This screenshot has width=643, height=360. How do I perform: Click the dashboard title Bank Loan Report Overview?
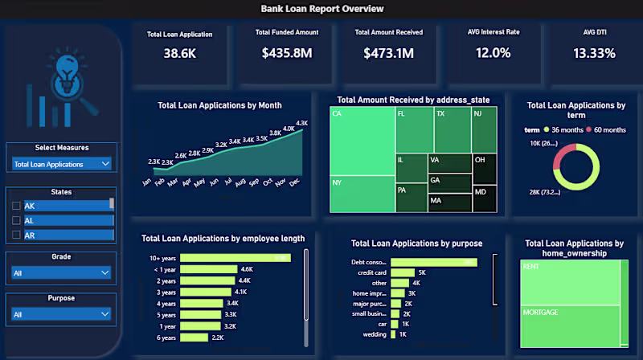322,9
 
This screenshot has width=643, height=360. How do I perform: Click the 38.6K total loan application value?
179,54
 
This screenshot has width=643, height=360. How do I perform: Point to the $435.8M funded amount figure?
286,54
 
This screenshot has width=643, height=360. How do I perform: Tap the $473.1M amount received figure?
388,54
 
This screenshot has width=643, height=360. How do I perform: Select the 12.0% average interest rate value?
493,54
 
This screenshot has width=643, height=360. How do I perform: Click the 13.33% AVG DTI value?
594,54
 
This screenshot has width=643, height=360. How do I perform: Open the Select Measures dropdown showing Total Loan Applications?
62,164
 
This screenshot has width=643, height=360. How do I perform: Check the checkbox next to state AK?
16,206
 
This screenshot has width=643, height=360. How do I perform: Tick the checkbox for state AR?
16,235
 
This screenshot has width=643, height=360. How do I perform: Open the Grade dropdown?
62,272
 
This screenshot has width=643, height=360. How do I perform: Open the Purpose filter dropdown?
62,314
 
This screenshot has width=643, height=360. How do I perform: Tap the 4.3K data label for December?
302,123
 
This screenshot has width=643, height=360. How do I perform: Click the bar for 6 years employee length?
194,338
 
